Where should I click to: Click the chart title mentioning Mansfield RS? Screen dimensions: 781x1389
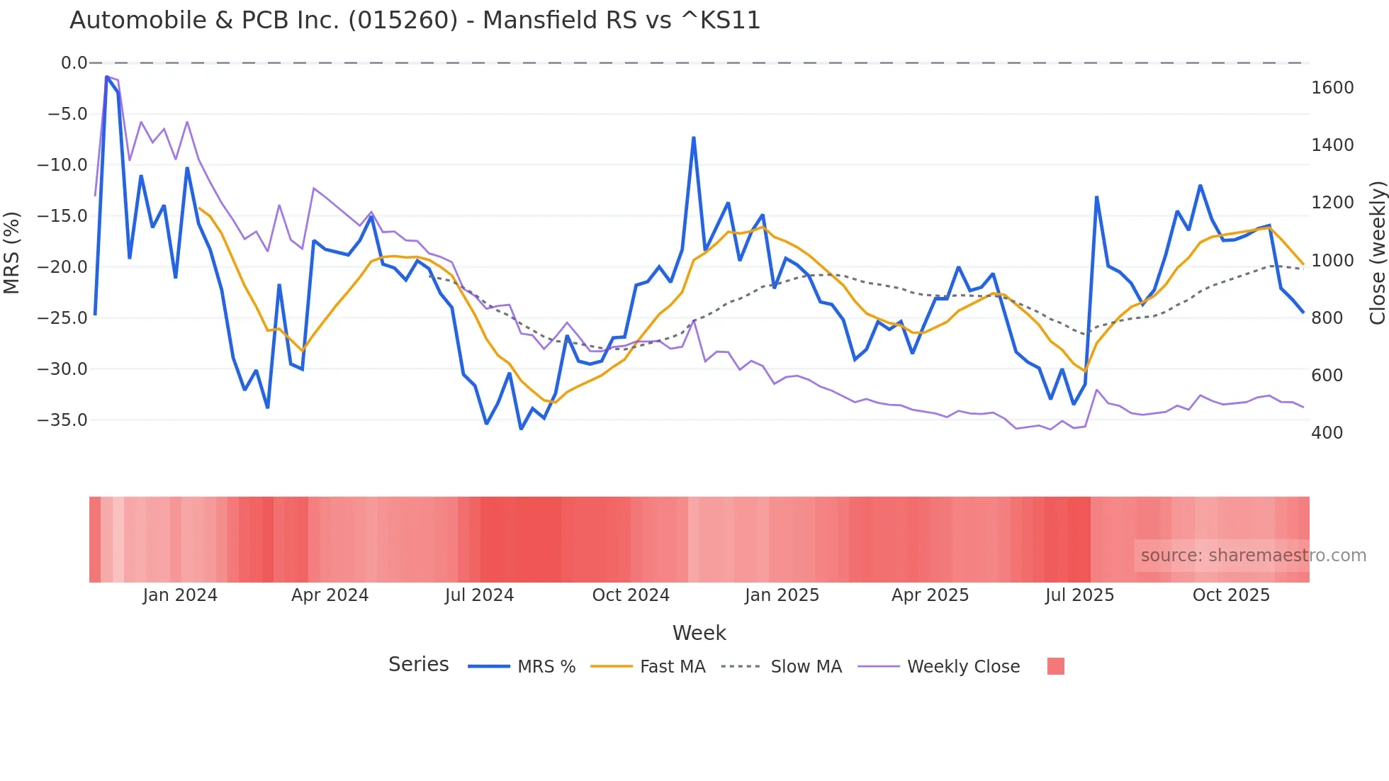click(x=415, y=21)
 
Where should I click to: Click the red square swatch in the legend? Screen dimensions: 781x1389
click(x=1055, y=666)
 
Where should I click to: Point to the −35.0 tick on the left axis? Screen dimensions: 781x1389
click(x=62, y=420)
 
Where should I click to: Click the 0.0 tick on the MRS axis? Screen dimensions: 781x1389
click(x=74, y=63)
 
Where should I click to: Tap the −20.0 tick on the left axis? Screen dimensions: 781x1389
click(x=62, y=267)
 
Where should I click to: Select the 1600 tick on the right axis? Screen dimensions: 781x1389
click(x=1332, y=88)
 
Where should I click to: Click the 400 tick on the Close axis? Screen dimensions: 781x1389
click(x=1327, y=433)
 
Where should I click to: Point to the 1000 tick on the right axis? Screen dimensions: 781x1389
click(x=1332, y=261)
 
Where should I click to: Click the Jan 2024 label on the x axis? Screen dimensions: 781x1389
click(x=180, y=595)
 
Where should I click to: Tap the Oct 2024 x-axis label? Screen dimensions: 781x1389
click(x=631, y=595)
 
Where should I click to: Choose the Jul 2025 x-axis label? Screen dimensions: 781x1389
click(x=1079, y=595)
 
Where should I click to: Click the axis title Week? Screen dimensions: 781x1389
click(x=699, y=633)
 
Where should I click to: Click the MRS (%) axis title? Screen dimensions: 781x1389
click(x=12, y=252)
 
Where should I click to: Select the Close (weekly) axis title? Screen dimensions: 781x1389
click(x=1377, y=252)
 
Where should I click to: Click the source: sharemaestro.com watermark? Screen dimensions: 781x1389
click(x=1253, y=556)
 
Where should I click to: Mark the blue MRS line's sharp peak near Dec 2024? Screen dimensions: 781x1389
click(x=694, y=138)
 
